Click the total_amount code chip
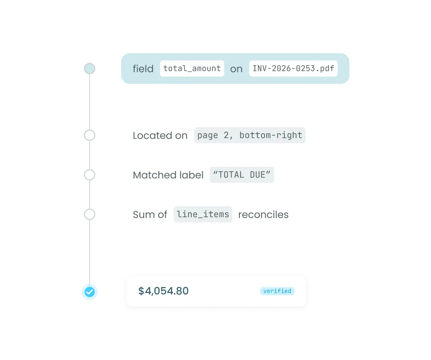[192, 68]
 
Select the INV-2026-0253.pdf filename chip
[293, 68]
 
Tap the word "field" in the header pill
[143, 69]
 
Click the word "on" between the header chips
[236, 69]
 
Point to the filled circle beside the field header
[90, 68]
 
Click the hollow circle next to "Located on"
[90, 136]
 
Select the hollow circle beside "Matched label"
[90, 175]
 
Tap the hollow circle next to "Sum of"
[90, 214]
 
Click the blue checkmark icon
[90, 292]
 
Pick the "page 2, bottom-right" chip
[250, 135]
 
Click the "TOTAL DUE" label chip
[241, 175]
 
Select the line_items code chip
[203, 214]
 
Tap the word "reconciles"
[263, 215]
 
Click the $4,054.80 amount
[164, 291]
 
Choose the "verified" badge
[277, 291]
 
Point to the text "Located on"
[160, 136]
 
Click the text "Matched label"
[168, 175]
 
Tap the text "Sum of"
[150, 215]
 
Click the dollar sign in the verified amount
[141, 291]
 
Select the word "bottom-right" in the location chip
[271, 135]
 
